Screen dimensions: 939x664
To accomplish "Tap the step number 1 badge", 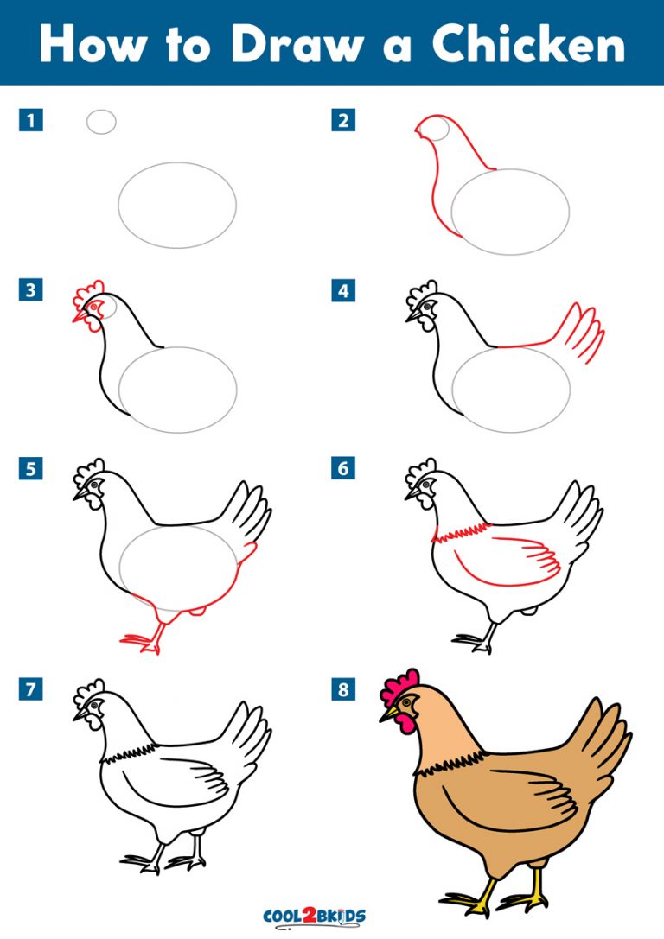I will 31,120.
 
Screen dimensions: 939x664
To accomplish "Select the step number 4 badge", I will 343,291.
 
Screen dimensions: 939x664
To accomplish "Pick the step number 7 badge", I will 31,688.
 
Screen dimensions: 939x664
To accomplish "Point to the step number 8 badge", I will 343,688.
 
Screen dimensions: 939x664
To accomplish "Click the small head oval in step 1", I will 101,122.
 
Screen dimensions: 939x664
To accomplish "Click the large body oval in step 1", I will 177,205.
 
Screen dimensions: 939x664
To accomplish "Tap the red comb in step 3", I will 89,291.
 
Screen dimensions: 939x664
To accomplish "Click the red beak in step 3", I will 80,317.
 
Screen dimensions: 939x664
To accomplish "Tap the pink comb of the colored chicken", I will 399,688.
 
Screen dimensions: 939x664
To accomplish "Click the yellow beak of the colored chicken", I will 388,714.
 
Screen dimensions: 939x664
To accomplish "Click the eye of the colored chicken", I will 406,704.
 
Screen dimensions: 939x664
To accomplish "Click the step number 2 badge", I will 343,120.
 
